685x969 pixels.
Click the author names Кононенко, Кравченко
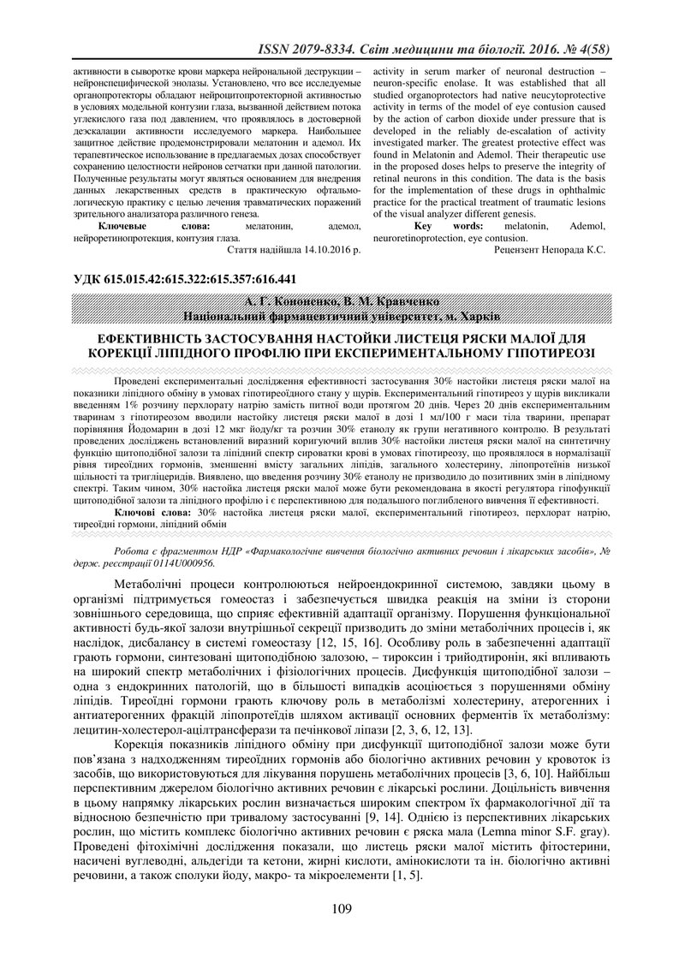pyautogui.click(x=342, y=302)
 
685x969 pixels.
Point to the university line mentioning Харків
pyautogui.click(x=342, y=316)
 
